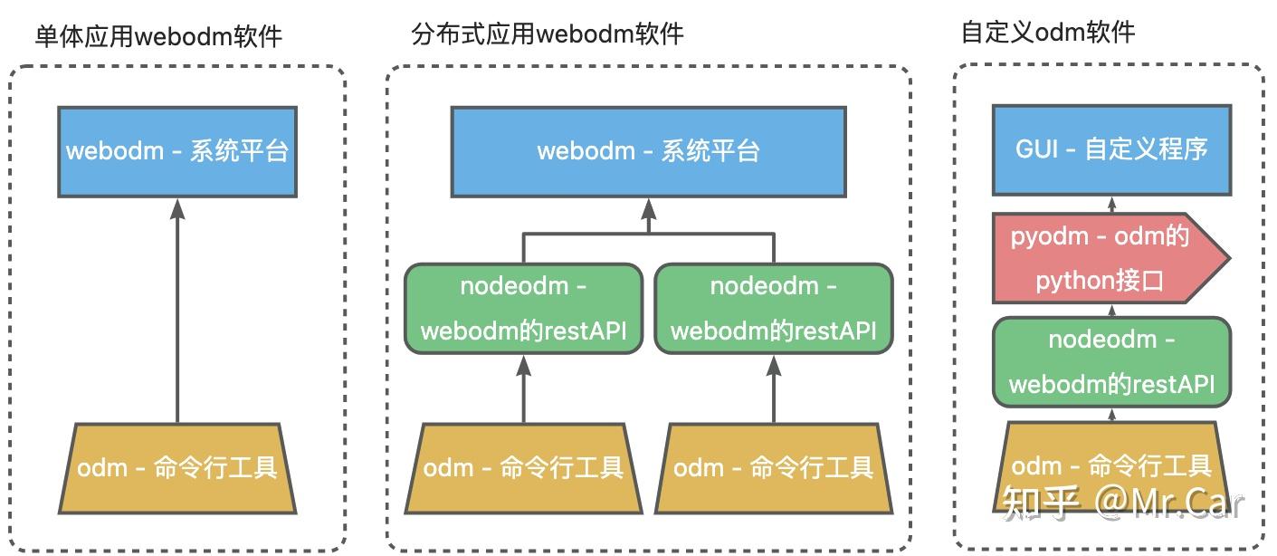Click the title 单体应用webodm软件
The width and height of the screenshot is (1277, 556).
point(158,36)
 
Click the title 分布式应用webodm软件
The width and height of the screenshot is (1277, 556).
point(548,34)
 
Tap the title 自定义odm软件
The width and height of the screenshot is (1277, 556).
point(1047,33)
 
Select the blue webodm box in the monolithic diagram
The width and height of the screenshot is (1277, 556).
point(177,151)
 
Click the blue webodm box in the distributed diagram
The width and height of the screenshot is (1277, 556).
point(648,151)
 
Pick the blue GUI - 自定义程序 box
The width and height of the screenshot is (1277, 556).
point(1111,149)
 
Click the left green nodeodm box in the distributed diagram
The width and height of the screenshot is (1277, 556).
point(523,309)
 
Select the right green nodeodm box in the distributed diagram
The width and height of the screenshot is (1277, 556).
point(773,309)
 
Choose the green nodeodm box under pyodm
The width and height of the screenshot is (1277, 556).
point(1111,361)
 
